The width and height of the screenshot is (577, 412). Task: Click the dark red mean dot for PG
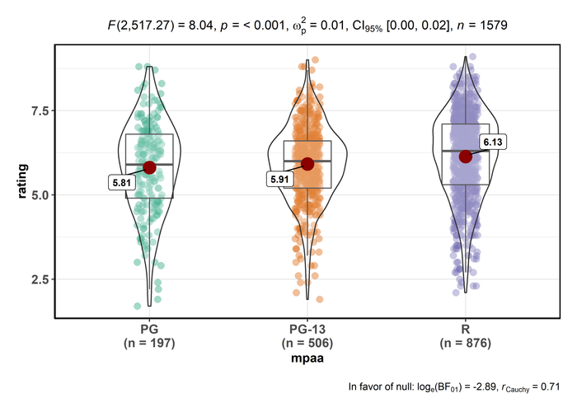tap(149, 167)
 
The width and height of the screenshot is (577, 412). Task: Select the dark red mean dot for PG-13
tap(307, 164)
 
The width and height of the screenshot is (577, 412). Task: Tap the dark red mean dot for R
tap(466, 157)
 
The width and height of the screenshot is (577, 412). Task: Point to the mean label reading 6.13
tap(492, 143)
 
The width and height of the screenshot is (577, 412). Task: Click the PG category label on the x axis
tap(149, 330)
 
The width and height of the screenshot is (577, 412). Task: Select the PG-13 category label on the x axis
tap(307, 330)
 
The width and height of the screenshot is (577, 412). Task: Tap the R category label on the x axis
tap(466, 330)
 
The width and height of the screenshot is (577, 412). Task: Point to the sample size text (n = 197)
tap(149, 344)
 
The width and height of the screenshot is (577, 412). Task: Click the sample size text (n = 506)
tap(307, 344)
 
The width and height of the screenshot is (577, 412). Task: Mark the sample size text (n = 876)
tap(466, 344)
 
